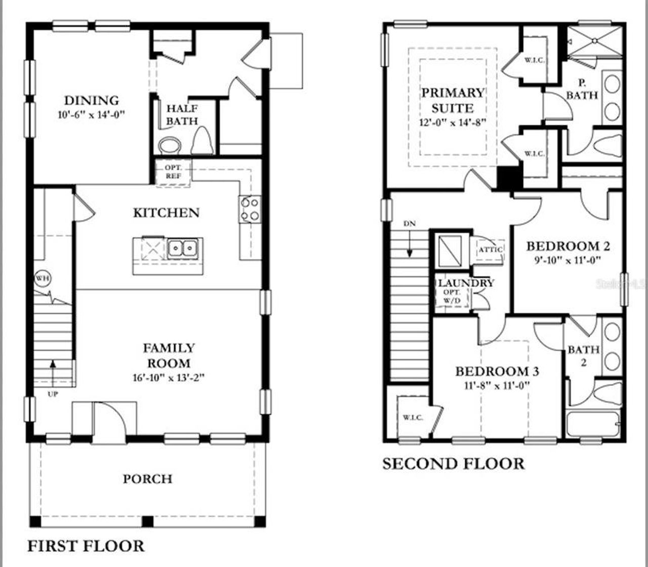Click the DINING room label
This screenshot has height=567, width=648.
tap(91, 100)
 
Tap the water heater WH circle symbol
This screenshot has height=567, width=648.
tap(43, 279)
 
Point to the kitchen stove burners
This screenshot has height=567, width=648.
tap(250, 209)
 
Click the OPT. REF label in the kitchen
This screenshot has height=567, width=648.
tap(173, 171)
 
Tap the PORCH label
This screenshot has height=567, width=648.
tap(147, 478)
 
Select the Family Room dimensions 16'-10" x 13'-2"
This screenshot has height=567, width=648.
tap(169, 377)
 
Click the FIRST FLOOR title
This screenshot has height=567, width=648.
tap(86, 546)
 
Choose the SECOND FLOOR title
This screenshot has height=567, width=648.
tap(453, 463)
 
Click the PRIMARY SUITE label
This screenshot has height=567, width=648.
tap(453, 100)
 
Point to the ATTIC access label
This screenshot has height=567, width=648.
tap(490, 249)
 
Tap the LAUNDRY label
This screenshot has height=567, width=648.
tap(465, 283)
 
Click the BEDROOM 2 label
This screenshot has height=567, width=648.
tap(568, 246)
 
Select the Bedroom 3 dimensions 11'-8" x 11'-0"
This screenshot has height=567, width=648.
tap(497, 385)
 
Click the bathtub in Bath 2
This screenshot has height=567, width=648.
tap(593, 424)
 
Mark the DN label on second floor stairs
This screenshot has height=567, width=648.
tap(409, 224)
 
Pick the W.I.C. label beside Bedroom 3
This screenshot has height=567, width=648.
tap(413, 417)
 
